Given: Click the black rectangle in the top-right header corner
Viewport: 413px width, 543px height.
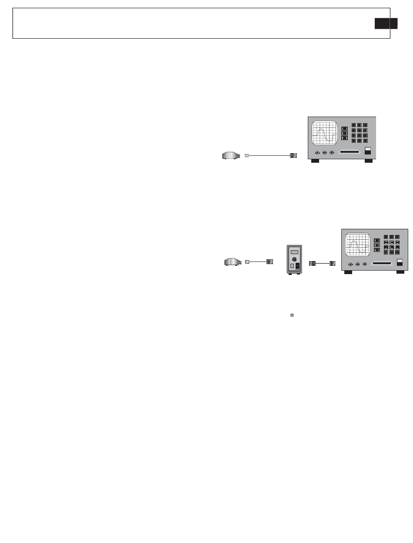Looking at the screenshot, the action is [x=386, y=23].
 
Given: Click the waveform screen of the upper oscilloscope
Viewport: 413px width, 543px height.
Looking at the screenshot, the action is [x=324, y=133].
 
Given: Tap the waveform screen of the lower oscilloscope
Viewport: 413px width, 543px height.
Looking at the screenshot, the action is [x=357, y=245].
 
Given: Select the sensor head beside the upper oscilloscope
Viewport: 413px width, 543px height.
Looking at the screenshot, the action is [x=231, y=155].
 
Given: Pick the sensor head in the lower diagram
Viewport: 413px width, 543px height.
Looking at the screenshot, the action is [x=233, y=262].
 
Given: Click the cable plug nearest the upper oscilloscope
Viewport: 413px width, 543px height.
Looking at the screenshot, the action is [x=293, y=155].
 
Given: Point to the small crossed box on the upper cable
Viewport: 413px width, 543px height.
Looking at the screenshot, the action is [x=247, y=155].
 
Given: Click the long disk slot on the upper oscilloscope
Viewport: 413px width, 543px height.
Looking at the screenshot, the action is [x=350, y=152].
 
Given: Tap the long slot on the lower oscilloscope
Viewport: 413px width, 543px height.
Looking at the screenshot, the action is [x=383, y=264].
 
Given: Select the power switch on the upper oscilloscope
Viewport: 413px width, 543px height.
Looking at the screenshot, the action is [x=368, y=151].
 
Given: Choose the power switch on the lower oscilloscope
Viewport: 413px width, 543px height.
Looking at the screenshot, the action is [x=400, y=262].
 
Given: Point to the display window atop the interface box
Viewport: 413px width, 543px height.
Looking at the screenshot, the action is [x=294, y=251].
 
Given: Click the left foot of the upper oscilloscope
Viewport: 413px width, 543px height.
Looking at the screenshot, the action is [x=315, y=161].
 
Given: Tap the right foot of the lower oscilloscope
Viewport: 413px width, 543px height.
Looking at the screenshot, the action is [x=400, y=272].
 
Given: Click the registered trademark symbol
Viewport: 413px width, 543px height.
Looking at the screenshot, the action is [x=292, y=315].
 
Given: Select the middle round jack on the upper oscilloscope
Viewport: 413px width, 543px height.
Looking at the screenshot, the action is [x=325, y=153].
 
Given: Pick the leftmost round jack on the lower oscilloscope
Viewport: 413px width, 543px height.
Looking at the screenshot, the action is [x=350, y=264].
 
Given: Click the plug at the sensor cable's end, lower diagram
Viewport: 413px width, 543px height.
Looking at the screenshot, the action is [x=270, y=262].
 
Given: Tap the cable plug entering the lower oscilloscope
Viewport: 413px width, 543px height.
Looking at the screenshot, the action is [x=333, y=263].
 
